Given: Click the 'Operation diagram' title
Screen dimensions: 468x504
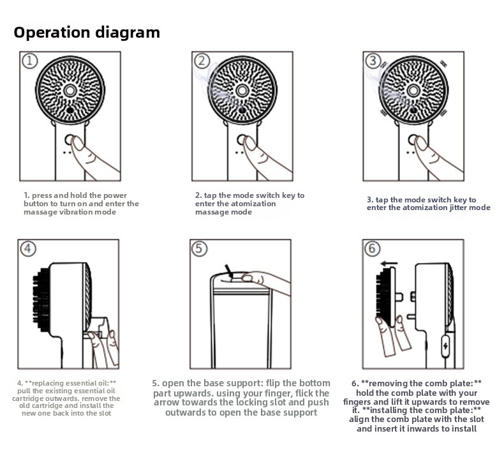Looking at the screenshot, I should (x=87, y=33).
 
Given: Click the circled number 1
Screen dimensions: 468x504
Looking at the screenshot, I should (x=30, y=61).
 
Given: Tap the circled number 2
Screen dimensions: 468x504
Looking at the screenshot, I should (x=202, y=61).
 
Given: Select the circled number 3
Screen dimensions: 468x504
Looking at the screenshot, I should (x=373, y=61).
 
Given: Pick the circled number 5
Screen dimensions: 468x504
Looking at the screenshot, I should (x=200, y=248).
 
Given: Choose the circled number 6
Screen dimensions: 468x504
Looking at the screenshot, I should (x=373, y=248).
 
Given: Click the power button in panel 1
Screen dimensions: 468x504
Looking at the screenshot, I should (x=70, y=140).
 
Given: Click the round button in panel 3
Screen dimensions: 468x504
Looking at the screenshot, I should (x=413, y=140).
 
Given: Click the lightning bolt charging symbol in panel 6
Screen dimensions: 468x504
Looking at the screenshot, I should (x=445, y=346).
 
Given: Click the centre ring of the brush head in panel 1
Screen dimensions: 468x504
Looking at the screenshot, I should (x=70, y=91).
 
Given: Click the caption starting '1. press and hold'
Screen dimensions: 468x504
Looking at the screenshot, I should (x=81, y=204).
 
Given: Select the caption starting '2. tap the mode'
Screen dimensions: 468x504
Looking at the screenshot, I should (x=249, y=204).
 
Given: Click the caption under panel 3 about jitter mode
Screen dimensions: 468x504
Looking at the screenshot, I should (x=428, y=204).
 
